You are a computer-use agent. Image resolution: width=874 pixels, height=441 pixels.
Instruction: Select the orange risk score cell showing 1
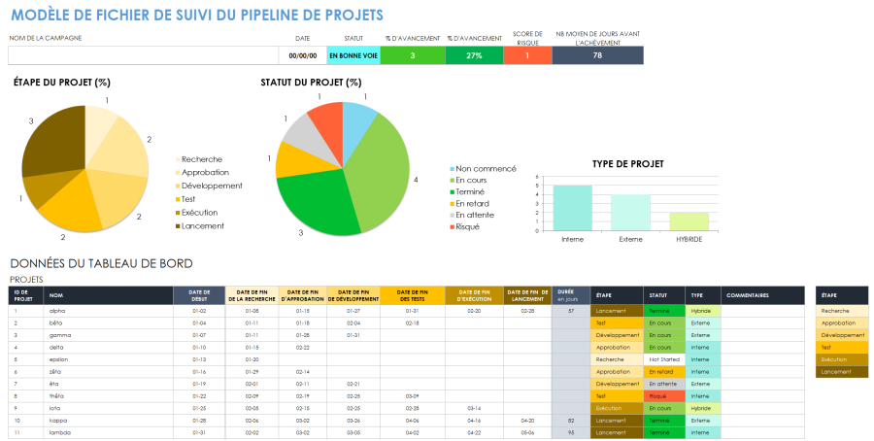[527, 55]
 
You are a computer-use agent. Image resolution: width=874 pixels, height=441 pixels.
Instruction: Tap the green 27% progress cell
[474, 55]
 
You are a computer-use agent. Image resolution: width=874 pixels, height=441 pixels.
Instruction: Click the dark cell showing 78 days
[597, 55]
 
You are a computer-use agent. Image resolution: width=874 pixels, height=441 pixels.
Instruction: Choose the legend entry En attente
[475, 215]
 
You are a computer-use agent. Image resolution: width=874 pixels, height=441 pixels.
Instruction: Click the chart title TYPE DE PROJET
[628, 164]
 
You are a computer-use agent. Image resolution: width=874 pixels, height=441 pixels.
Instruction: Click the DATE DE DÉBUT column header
[199, 295]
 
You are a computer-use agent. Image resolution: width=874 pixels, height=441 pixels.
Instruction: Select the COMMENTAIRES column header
[748, 295]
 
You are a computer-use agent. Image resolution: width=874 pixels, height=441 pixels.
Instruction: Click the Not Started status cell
[664, 358]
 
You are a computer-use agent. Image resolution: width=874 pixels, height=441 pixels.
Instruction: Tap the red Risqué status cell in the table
[664, 395]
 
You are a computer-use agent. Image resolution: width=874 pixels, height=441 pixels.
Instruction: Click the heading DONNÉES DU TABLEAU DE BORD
[101, 263]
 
